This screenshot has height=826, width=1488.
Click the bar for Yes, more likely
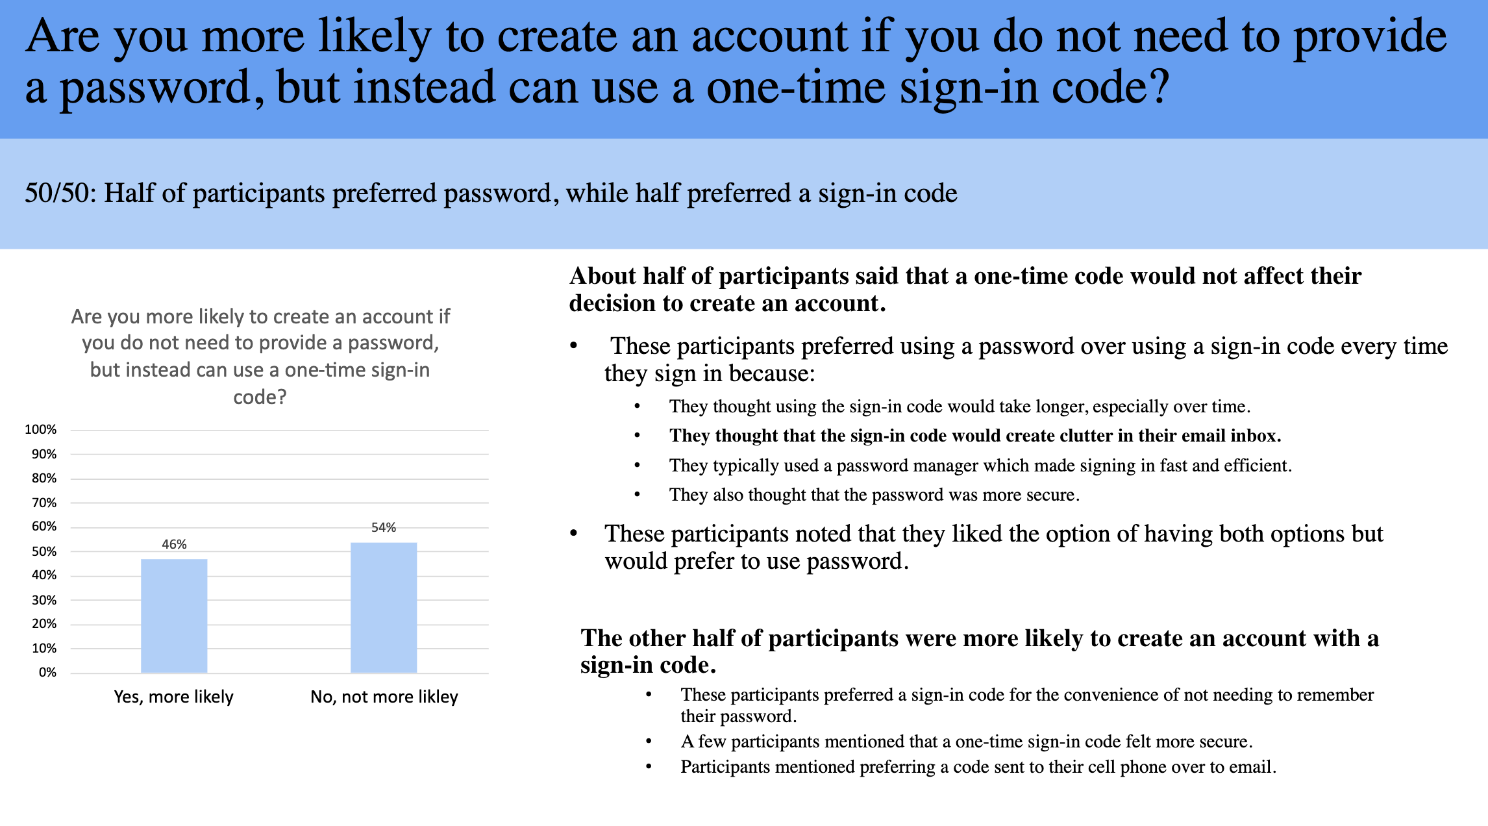174,616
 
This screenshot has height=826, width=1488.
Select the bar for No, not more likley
384,607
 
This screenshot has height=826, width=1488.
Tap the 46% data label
174,544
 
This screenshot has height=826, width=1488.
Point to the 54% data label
384,527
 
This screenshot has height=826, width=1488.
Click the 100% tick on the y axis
40,429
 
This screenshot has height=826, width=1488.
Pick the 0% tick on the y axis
47,672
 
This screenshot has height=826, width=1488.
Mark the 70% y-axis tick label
43,503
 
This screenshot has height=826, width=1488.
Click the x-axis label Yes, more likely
173,697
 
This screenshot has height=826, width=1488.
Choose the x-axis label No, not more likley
384,697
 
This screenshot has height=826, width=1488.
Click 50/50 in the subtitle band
60,194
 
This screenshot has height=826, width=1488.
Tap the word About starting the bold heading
603,276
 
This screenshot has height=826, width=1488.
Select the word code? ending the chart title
260,397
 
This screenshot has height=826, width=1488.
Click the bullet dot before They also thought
638,495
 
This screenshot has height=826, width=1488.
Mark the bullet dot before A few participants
649,742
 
